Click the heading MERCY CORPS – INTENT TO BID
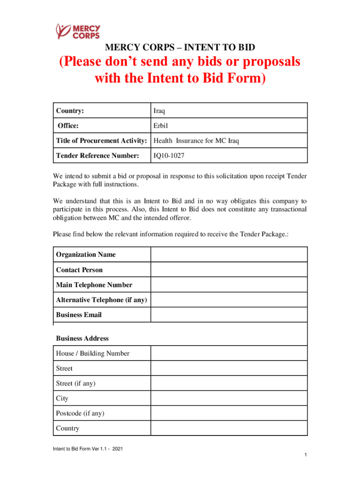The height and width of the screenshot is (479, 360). pos(180,48)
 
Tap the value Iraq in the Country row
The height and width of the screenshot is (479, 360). pos(159,111)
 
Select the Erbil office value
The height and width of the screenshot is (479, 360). pos(160,126)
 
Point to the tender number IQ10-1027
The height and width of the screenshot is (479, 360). pos(169,155)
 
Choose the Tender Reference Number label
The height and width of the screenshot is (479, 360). pos(98,155)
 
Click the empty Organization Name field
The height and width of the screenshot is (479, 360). pos(229,254)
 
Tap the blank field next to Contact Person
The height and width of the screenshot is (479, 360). pos(229,270)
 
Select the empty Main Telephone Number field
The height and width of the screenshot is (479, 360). pos(229,285)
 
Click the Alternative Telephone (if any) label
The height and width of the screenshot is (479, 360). pos(101,300)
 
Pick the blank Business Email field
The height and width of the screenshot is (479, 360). pos(229,315)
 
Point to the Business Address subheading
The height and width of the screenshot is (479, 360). pos(82,338)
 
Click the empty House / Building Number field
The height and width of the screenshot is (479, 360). pos(229,353)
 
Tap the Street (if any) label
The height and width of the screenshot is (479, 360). pos(76,383)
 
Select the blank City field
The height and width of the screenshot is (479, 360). pos(229,398)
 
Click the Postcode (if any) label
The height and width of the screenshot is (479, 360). pos(80,413)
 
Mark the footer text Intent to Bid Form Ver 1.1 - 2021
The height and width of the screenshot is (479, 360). pos(88,450)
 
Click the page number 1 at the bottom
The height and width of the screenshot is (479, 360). pos(304,455)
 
